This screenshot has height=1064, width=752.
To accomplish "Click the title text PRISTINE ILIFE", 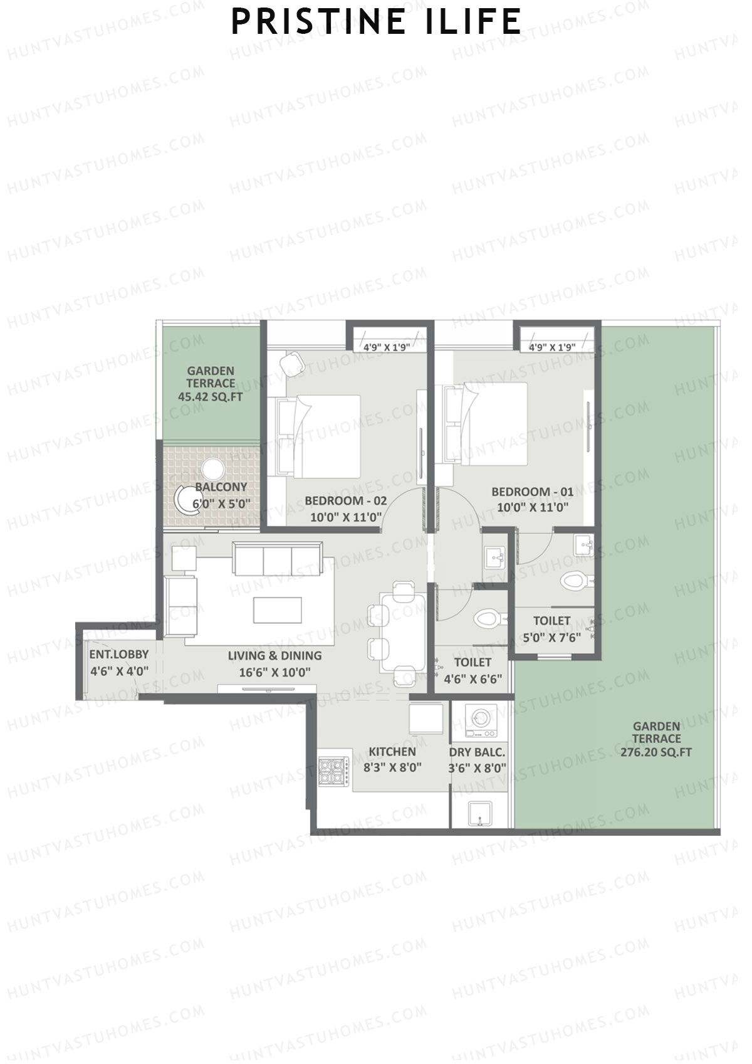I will tap(376, 22).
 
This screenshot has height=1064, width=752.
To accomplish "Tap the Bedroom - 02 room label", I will tap(345, 501).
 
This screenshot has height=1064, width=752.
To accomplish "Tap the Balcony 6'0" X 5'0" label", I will tap(221, 495).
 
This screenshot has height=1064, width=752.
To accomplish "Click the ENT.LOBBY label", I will tap(118, 655).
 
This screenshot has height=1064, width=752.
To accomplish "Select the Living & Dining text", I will tap(274, 656).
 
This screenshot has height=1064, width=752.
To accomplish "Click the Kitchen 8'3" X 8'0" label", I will tap(392, 759).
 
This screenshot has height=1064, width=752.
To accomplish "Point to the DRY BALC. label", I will tap(477, 752).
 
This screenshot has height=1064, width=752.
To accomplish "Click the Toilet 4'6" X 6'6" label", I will tap(473, 670).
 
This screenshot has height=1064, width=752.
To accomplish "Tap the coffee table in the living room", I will tap(277, 610).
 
